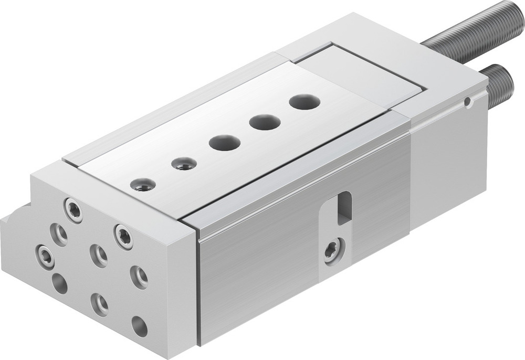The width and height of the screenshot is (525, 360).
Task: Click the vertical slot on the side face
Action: pos(344,207)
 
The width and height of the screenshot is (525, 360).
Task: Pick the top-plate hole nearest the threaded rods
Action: pos(304,102)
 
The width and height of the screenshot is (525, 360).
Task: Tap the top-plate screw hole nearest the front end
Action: pos(143,185)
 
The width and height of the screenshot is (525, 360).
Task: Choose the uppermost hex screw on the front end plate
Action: pos(73,210)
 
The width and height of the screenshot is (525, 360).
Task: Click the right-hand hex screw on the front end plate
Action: pos(123,237)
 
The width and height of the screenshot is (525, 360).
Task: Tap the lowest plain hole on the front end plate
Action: pos(139,326)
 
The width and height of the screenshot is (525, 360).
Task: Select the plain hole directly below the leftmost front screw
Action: pos(59,283)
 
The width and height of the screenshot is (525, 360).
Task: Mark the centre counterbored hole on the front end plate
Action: pos(98,256)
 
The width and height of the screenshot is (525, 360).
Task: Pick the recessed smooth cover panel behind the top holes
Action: pos(362,73)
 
